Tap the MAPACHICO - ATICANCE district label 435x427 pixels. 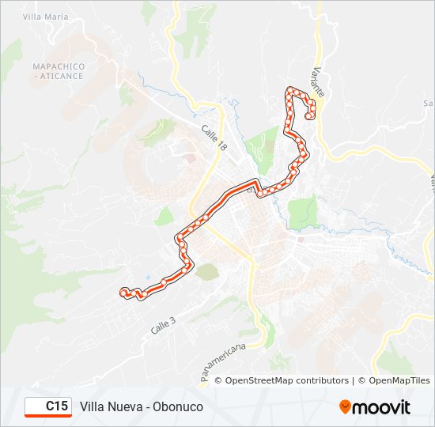point(58,70)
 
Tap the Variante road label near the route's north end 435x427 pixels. point(319,81)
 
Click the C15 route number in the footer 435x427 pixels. point(56,406)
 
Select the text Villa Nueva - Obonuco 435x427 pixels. point(142,406)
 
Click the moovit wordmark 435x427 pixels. point(382,407)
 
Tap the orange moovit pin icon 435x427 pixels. point(345,407)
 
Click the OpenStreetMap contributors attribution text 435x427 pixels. point(286,380)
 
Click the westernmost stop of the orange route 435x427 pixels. point(123,292)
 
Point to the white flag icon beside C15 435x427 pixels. point(36,406)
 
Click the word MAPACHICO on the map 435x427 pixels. point(58,66)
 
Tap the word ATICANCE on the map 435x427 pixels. point(61,75)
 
